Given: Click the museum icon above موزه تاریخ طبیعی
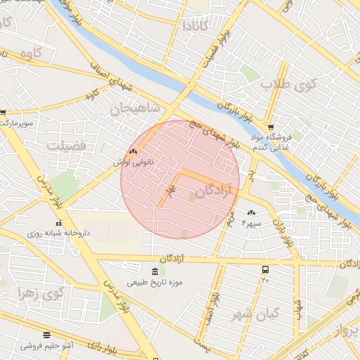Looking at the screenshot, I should pos(155,271).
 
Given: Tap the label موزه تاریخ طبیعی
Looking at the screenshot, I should pos(155,283).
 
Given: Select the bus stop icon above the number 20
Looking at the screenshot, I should pos(265,269).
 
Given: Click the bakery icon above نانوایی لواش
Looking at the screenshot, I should pos(133,151).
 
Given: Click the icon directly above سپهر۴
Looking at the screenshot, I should pos(251,212).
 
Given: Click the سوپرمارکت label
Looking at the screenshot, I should pos(17,122).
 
